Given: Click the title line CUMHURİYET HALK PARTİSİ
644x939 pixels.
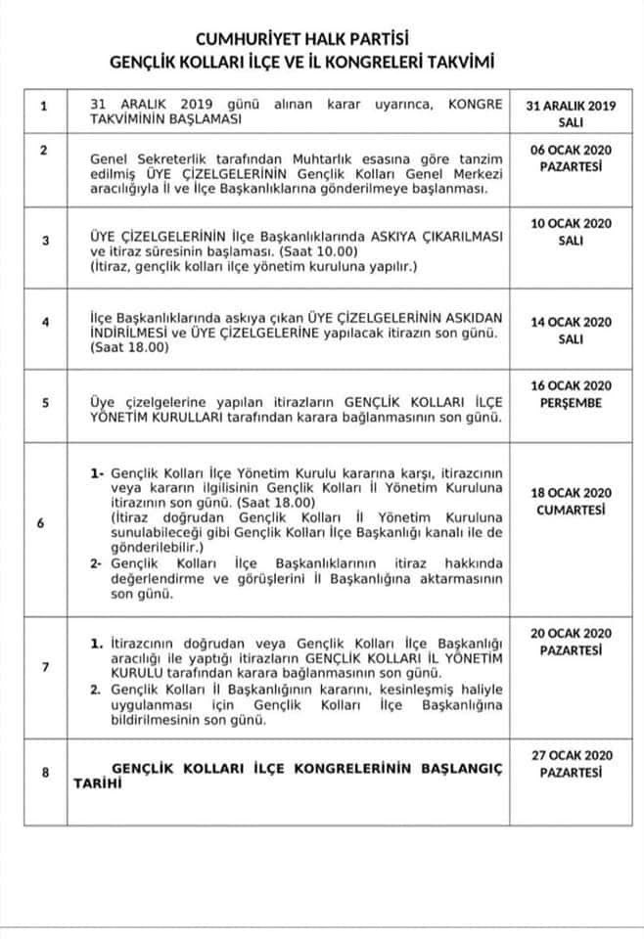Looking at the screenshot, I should (322, 38).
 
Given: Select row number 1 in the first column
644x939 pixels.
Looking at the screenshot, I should (41, 107).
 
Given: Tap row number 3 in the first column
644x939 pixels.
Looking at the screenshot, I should (41, 238).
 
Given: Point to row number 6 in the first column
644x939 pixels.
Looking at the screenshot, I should (41, 522).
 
